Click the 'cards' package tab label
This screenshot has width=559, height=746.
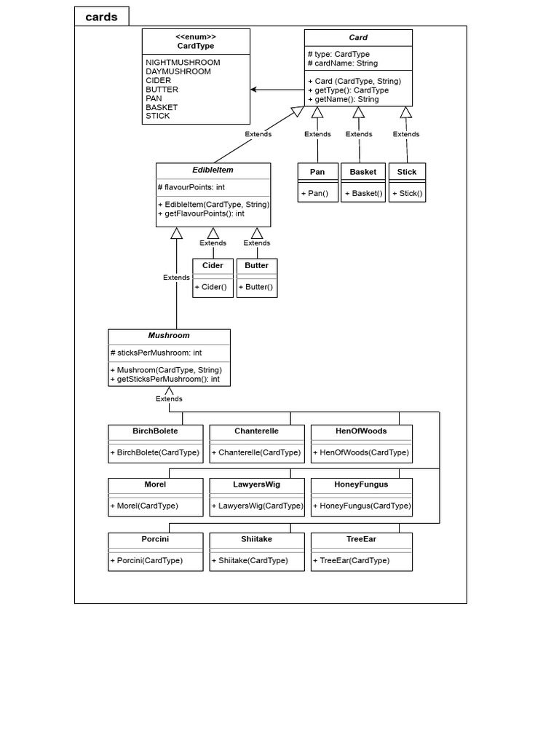click(x=101, y=17)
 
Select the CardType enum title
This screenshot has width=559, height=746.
click(x=196, y=46)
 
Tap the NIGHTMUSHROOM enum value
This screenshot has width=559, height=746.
click(x=183, y=63)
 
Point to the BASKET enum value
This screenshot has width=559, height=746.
click(x=162, y=107)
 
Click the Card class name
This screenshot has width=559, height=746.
click(x=358, y=37)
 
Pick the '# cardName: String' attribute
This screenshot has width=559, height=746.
click(x=343, y=63)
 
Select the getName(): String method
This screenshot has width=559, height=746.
click(x=344, y=99)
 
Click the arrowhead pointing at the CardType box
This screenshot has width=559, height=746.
click(x=255, y=90)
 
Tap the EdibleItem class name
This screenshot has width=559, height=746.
click(x=213, y=170)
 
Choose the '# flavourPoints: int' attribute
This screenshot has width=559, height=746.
click(x=191, y=187)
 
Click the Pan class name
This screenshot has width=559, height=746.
click(x=317, y=172)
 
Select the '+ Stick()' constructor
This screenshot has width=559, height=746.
click(x=408, y=194)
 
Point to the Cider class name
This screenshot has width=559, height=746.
click(x=213, y=266)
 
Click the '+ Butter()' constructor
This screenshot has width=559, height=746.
click(x=256, y=287)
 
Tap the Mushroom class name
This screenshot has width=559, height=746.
click(x=169, y=336)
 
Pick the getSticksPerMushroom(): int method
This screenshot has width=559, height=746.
click(x=165, y=379)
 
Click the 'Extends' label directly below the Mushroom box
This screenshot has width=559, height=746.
click(x=169, y=398)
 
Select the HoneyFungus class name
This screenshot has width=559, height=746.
click(x=361, y=484)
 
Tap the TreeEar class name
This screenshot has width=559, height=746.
click(x=361, y=539)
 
